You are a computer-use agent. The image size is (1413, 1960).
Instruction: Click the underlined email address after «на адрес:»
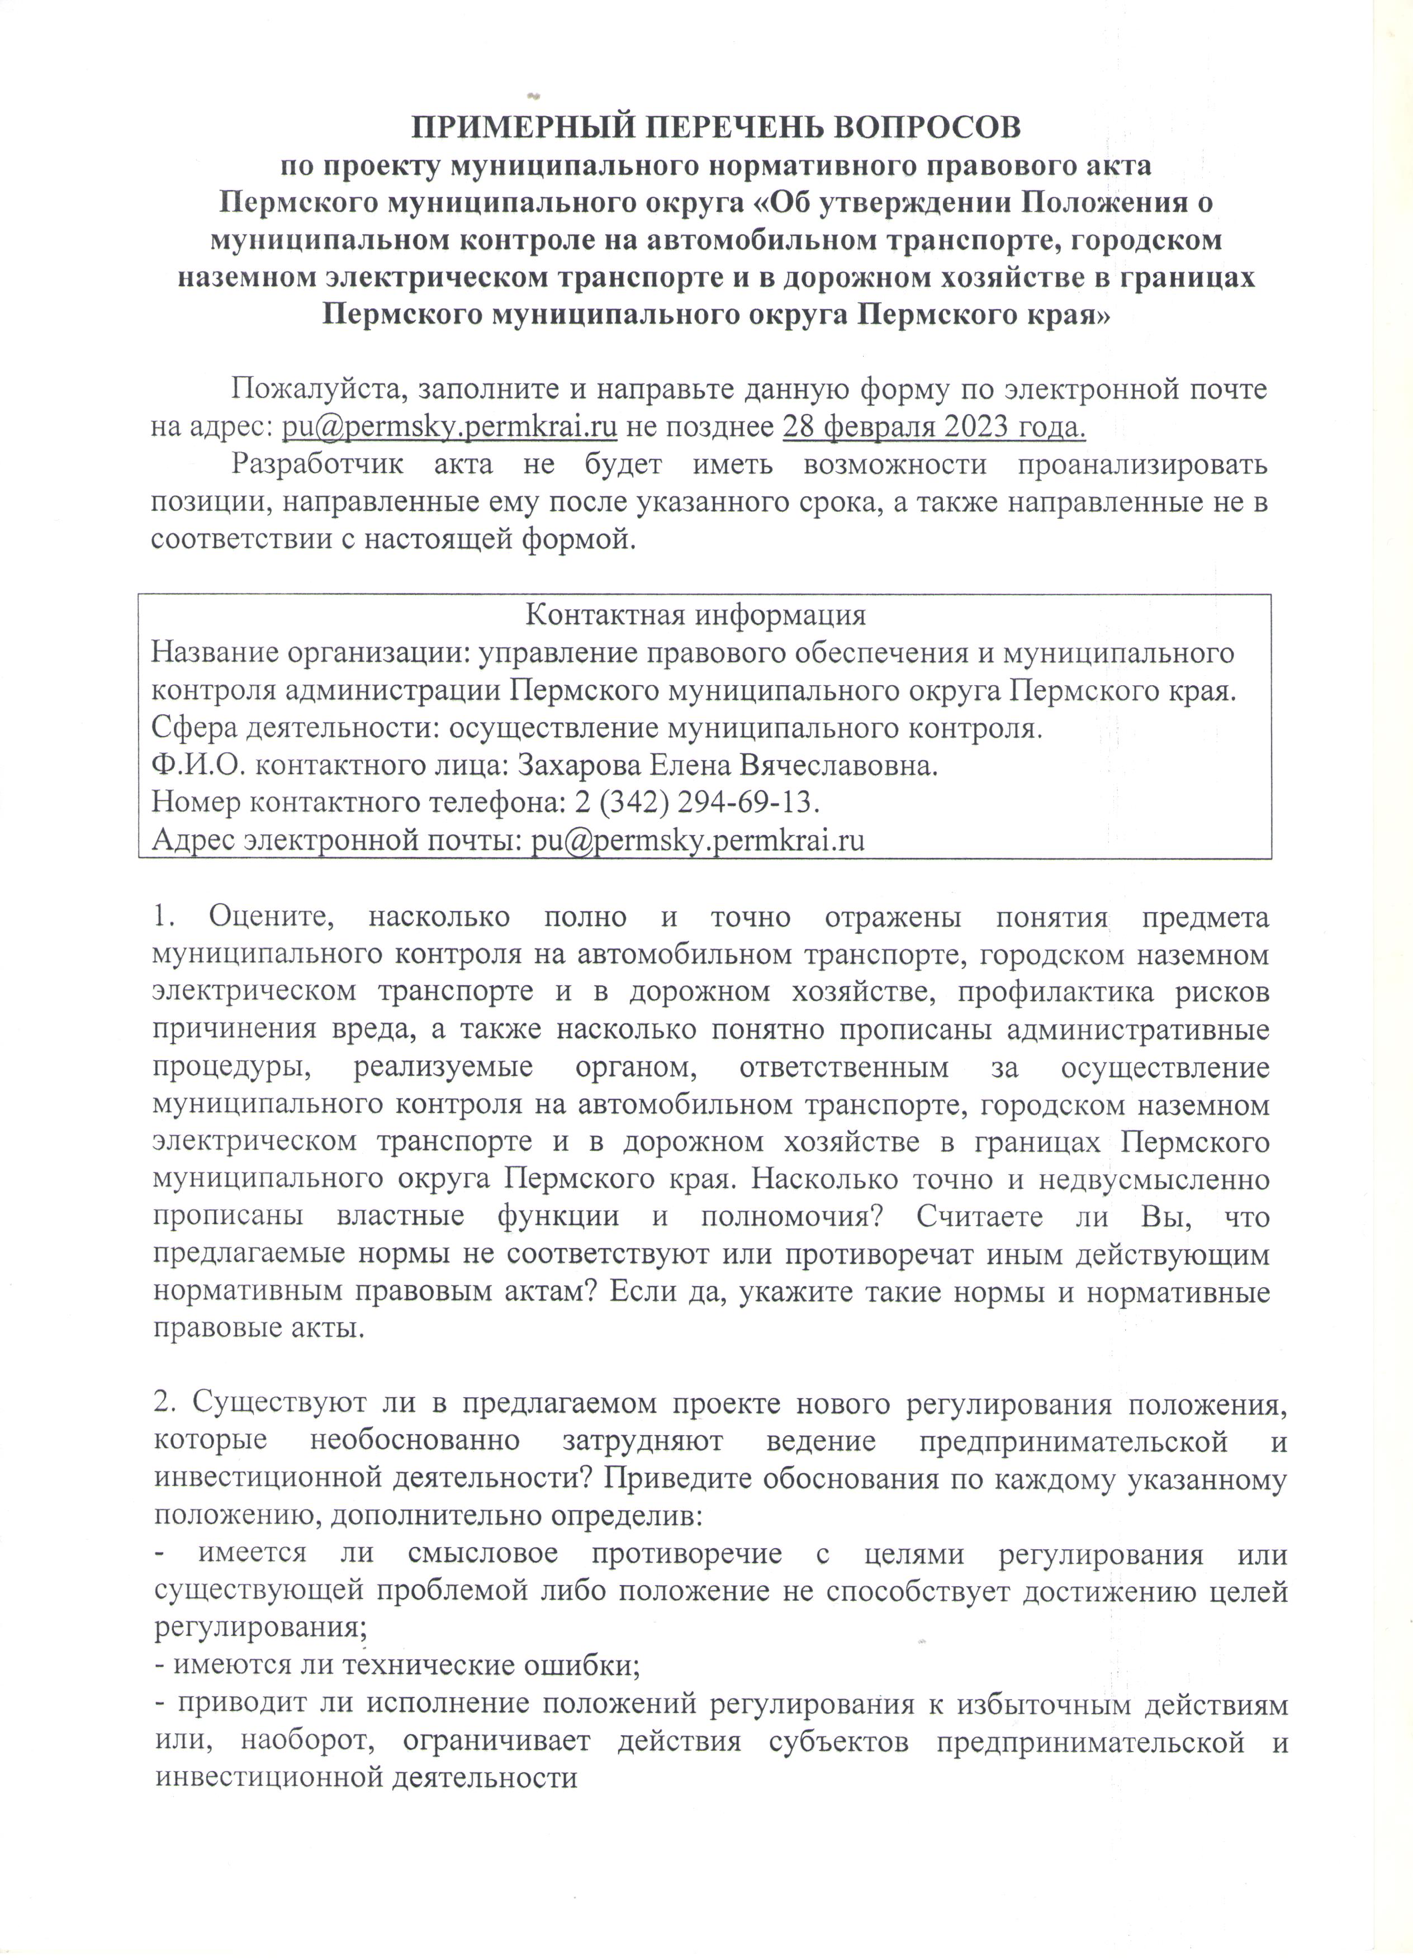pos(449,427)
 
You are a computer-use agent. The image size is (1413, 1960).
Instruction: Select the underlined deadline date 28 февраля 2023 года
pos(933,427)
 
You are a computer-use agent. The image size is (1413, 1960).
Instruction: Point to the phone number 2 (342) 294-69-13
pos(696,803)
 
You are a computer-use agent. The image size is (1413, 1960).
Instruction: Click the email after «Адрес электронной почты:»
pos(698,841)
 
